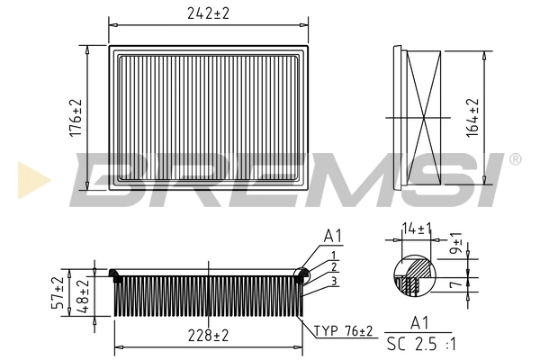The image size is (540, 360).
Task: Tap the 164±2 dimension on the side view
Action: point(473,115)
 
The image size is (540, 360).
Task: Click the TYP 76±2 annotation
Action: point(343,332)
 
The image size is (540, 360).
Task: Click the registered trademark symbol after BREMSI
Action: point(515,159)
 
